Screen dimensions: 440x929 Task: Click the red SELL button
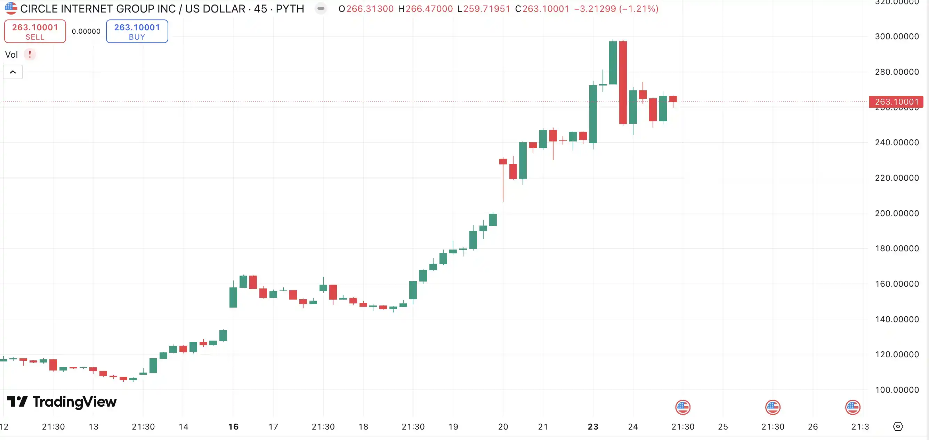click(35, 31)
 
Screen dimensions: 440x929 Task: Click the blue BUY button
click(137, 31)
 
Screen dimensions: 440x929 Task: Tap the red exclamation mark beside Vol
click(30, 55)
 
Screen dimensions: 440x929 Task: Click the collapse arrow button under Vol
click(13, 72)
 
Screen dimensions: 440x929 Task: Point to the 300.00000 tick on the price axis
click(897, 36)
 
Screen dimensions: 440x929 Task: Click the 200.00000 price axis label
click(897, 213)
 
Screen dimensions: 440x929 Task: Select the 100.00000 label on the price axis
click(897, 390)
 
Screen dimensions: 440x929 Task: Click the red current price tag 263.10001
click(896, 102)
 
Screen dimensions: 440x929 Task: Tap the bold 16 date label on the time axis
click(233, 427)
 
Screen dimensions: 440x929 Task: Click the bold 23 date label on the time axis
click(593, 427)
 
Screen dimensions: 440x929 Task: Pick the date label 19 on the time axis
click(453, 427)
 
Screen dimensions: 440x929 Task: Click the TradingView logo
click(62, 402)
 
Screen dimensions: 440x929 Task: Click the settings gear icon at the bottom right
click(898, 427)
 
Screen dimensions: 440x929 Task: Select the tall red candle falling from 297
click(623, 83)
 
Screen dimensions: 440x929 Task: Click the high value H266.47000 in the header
click(425, 9)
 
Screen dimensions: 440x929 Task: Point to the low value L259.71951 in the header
click(484, 9)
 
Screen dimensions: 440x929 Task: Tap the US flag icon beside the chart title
click(11, 8)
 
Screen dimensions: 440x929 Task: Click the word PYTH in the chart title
click(290, 9)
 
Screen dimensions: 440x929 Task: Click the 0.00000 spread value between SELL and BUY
click(86, 31)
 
